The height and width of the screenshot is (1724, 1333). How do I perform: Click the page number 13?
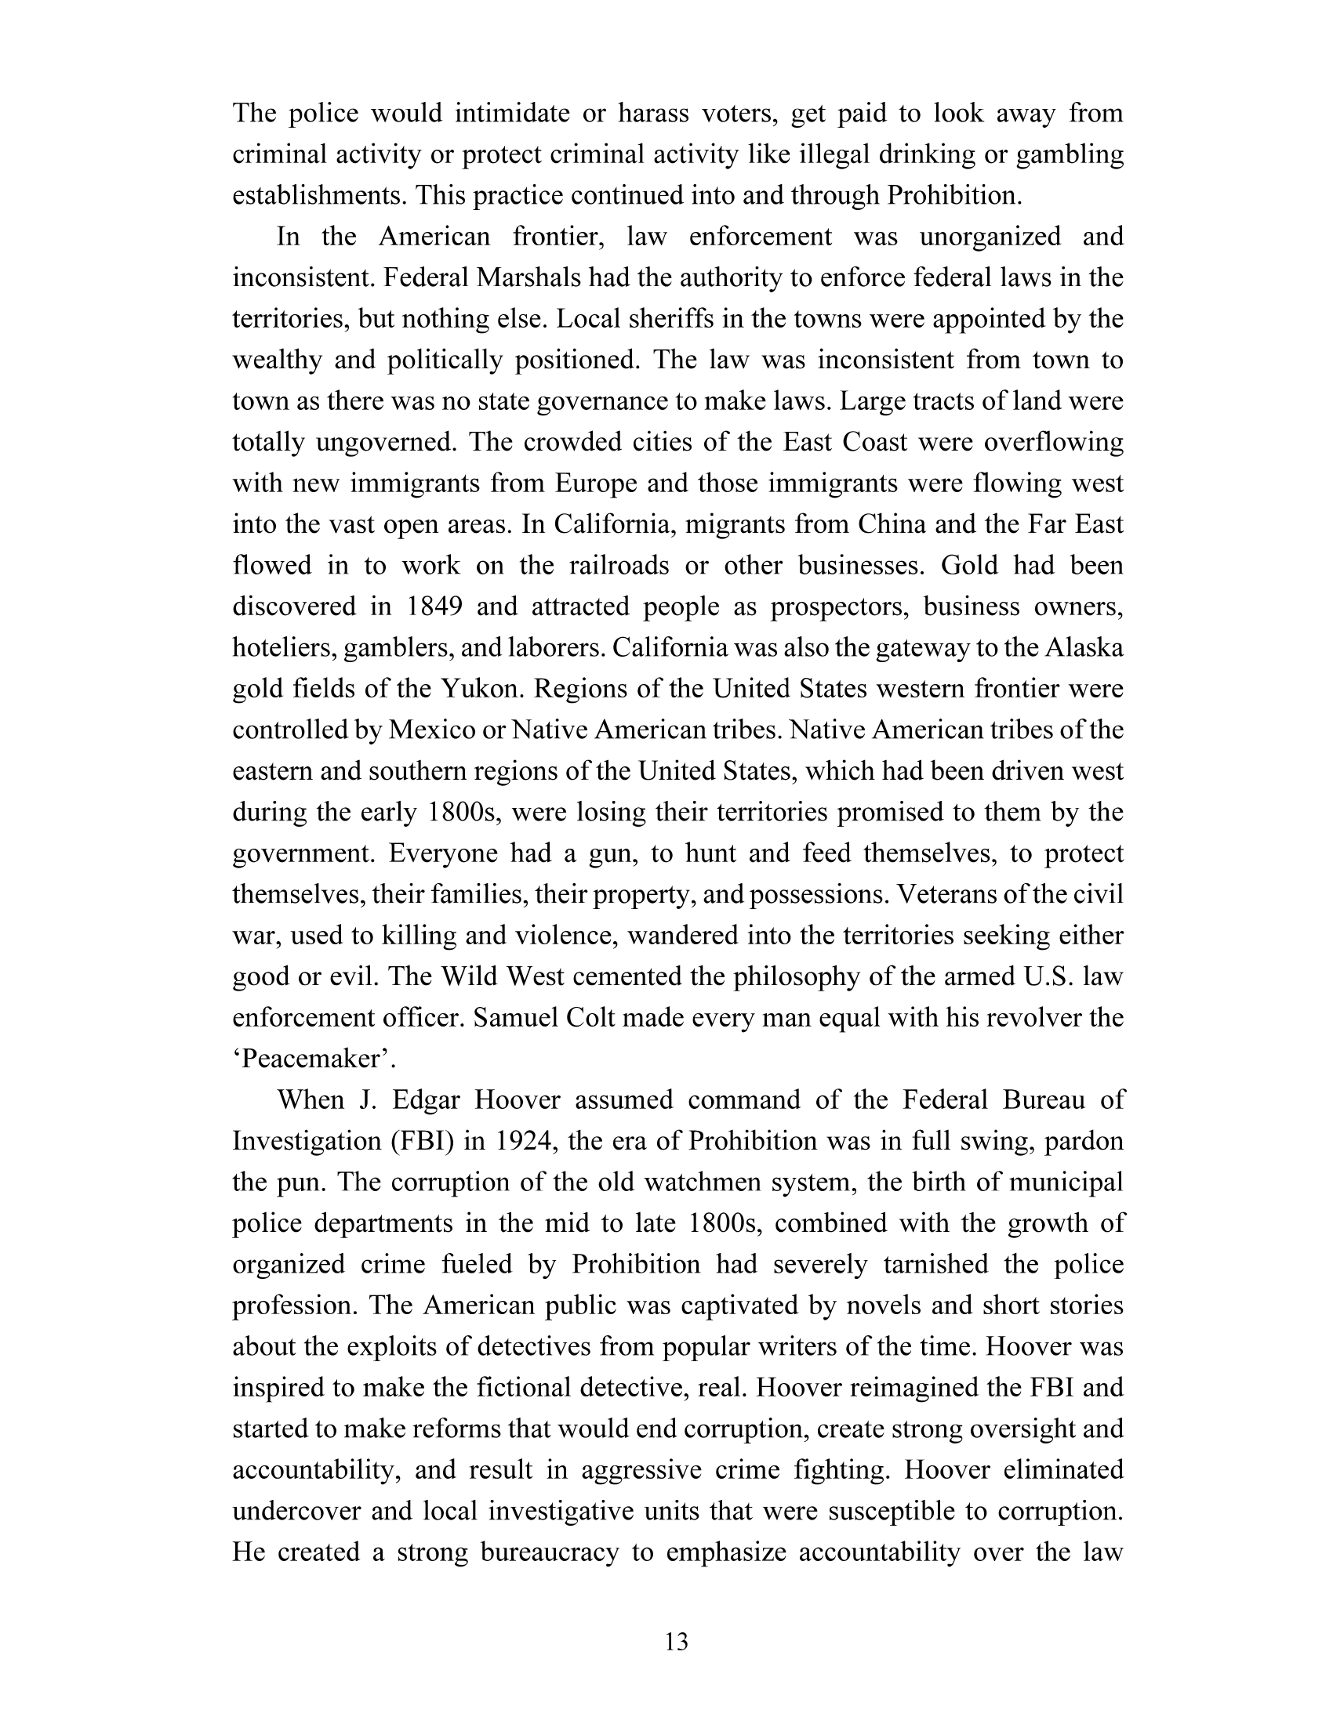tap(677, 1643)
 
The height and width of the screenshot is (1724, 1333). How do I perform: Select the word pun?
tap(302, 1182)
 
